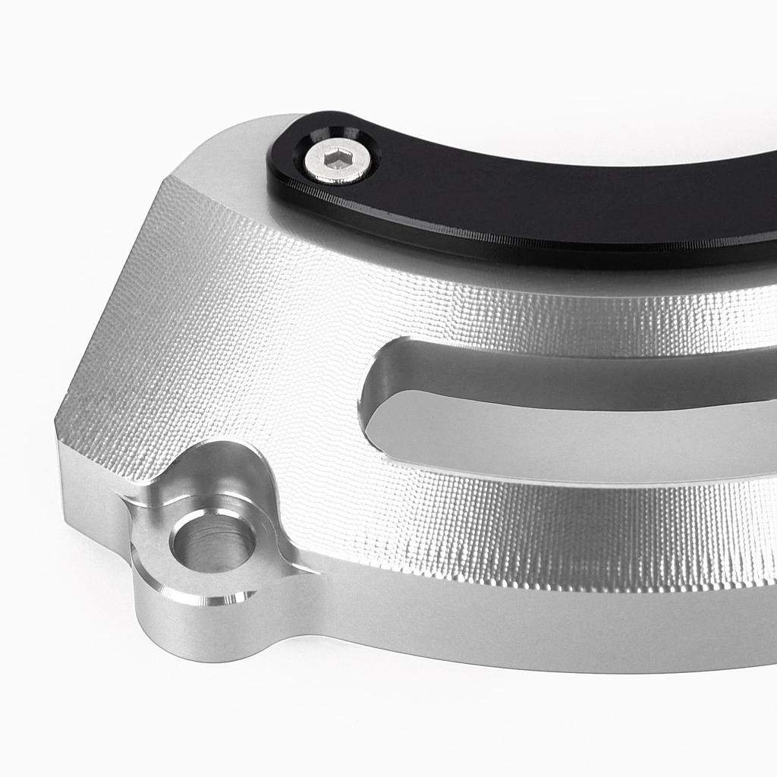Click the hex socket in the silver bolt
337,159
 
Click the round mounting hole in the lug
213,543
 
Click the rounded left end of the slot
372,402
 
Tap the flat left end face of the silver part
91,493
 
